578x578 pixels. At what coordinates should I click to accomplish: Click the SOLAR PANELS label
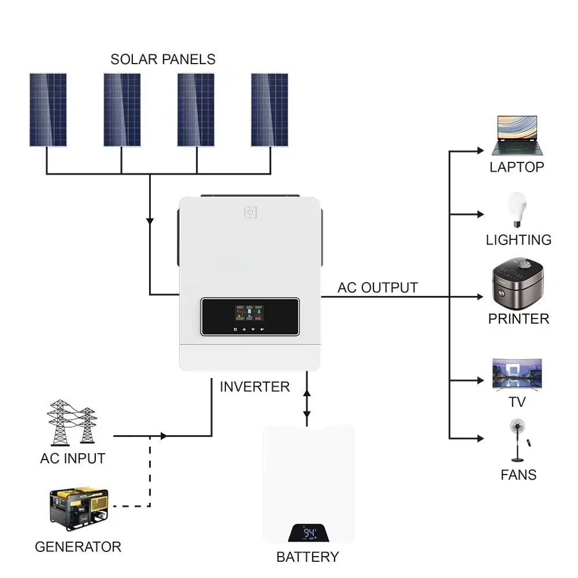pyautogui.click(x=163, y=59)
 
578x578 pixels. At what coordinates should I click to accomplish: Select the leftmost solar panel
pyautogui.click(x=48, y=110)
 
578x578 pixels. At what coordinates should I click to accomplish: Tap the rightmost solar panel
pyautogui.click(x=269, y=110)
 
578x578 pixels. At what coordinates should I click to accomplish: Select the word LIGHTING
pyautogui.click(x=518, y=240)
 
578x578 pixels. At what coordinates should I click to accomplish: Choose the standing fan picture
pyautogui.click(x=517, y=439)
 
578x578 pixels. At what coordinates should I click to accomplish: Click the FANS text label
pyautogui.click(x=518, y=475)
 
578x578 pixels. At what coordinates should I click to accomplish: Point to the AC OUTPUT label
pyautogui.click(x=377, y=287)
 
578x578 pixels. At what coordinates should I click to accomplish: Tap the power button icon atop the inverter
pyautogui.click(x=250, y=213)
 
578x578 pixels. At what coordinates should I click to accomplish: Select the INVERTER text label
pyautogui.click(x=254, y=387)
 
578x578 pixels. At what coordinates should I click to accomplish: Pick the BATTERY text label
pyautogui.click(x=307, y=557)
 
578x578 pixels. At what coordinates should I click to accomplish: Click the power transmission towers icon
pyautogui.click(x=72, y=423)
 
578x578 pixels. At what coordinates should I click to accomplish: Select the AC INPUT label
pyautogui.click(x=73, y=459)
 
